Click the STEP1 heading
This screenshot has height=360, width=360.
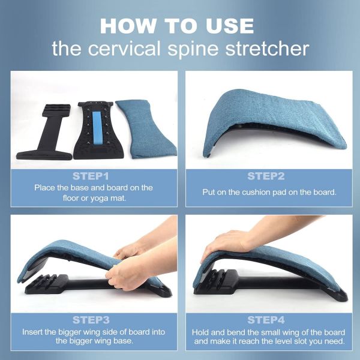coord(90,176)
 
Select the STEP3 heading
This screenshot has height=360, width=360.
coord(91,319)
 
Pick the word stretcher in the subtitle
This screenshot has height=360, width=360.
coord(271,48)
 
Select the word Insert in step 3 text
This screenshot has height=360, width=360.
coord(35,332)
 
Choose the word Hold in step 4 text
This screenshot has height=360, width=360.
coord(203,332)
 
